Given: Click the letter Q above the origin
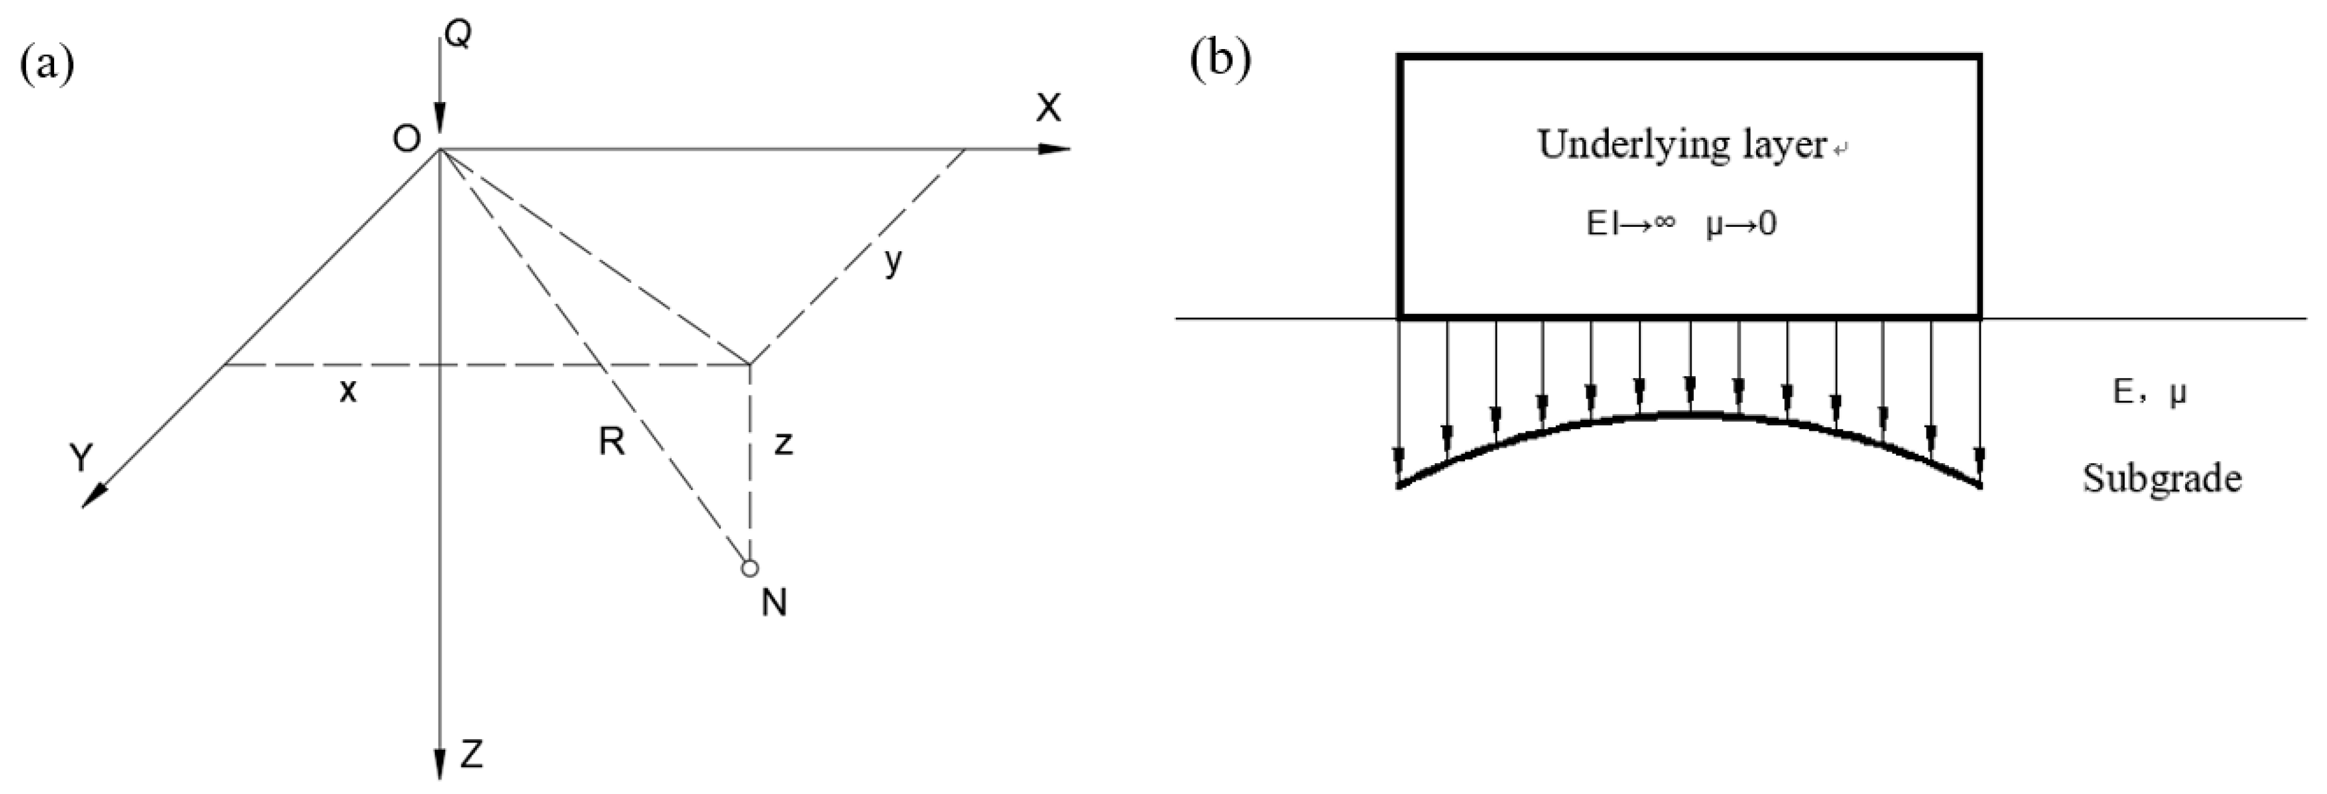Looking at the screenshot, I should coord(458,35).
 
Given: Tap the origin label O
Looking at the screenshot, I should coord(407,139).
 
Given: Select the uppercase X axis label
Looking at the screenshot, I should coord(1048,108).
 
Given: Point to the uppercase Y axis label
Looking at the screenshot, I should coord(81,458).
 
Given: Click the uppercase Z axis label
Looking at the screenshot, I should coord(471,754).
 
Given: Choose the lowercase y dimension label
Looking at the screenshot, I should coord(892,262).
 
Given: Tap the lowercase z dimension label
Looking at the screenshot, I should coord(783,443).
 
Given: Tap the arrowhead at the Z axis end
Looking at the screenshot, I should coord(440,764).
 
